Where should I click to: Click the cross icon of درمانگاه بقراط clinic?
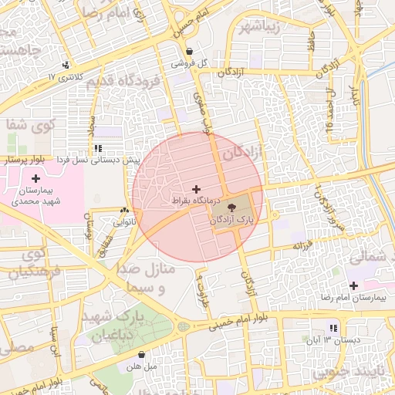pos(196,188)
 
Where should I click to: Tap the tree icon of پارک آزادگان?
pos(234,207)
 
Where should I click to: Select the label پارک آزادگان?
pos(231,221)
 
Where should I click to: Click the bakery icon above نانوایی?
pos(124,210)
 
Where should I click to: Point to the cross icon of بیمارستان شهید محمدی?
pos(35,178)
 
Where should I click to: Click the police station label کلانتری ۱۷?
pos(63,77)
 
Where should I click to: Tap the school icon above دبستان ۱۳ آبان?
pos(333,328)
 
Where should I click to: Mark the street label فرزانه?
pos(302,245)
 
